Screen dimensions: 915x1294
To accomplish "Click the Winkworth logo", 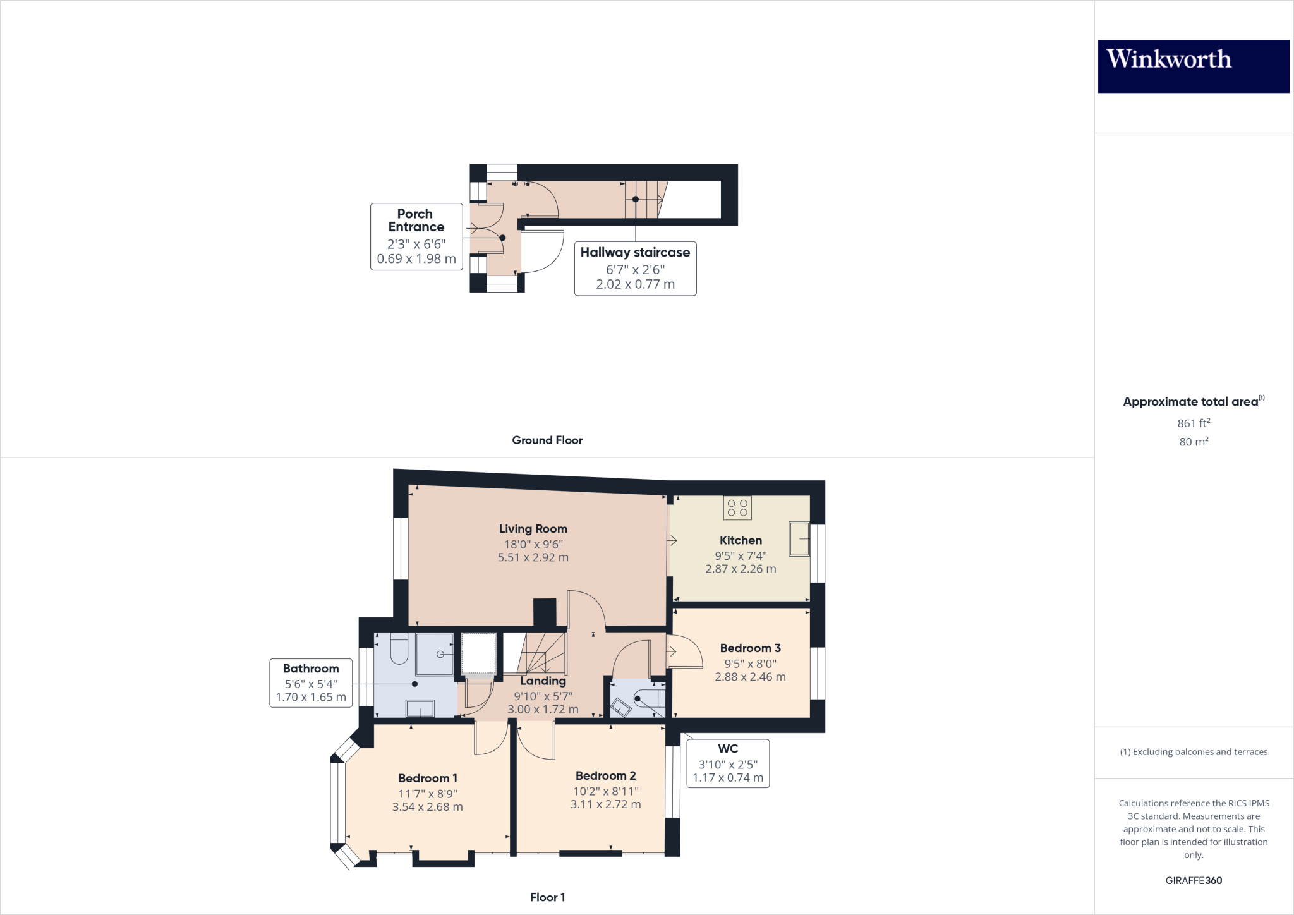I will click(x=1193, y=66).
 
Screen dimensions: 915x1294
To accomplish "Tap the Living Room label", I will click(x=533, y=529).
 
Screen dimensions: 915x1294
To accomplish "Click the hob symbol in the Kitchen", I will click(x=737, y=508).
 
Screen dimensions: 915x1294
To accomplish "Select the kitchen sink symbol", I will click(x=799, y=538).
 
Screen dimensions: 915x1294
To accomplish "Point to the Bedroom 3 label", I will click(x=750, y=648).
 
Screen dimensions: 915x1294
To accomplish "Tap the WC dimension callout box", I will click(x=728, y=763).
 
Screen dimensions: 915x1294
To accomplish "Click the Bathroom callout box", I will click(x=310, y=682).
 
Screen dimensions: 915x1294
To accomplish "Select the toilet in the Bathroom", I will click(x=399, y=649).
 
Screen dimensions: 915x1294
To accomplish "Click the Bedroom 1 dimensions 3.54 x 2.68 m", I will click(x=427, y=807).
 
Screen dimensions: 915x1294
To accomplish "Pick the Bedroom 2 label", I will click(x=605, y=775).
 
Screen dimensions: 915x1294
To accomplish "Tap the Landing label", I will click(x=543, y=681).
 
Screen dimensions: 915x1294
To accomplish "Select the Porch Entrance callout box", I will click(x=416, y=236).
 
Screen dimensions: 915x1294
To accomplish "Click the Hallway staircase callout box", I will click(x=635, y=268).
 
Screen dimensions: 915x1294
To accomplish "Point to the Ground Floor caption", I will click(x=547, y=440).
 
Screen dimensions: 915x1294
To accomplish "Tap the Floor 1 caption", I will click(x=547, y=897).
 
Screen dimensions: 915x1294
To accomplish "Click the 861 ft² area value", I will click(x=1193, y=423).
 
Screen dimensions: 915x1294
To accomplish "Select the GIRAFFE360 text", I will click(x=1193, y=880).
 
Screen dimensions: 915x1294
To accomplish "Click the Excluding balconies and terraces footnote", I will click(x=1193, y=752).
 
